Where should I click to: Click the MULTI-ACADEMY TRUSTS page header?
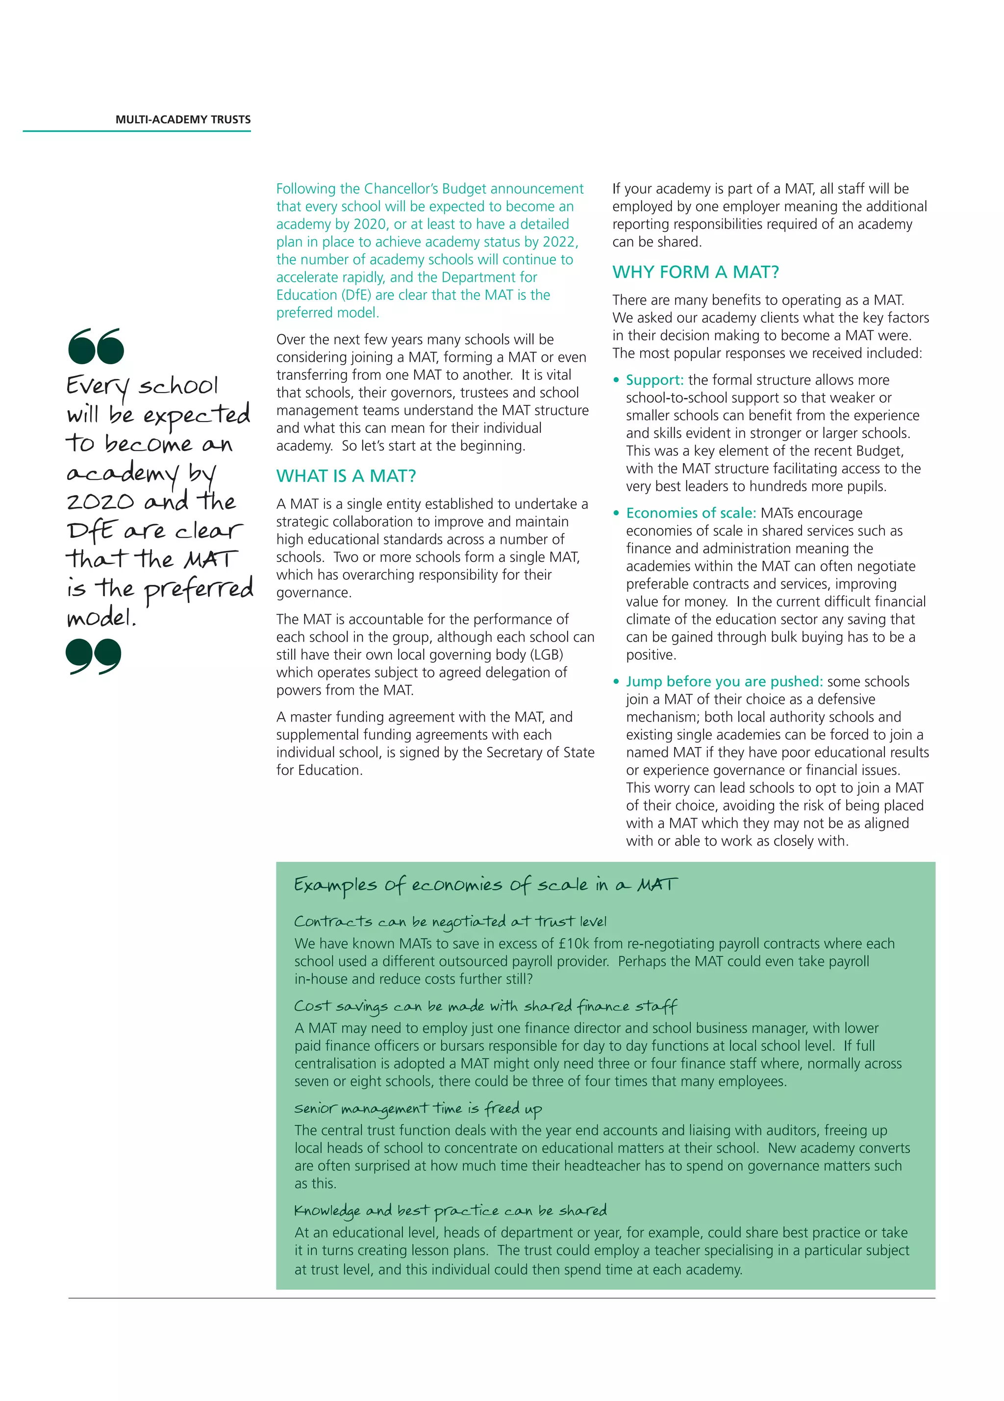[183, 120]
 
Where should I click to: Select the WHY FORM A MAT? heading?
[696, 272]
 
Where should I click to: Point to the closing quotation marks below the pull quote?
[93, 656]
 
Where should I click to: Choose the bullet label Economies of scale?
[691, 513]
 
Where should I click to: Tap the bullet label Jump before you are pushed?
[724, 681]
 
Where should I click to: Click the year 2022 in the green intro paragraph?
[559, 242]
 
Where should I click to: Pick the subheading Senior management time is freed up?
[418, 1109]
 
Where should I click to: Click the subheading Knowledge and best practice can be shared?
[451, 1211]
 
